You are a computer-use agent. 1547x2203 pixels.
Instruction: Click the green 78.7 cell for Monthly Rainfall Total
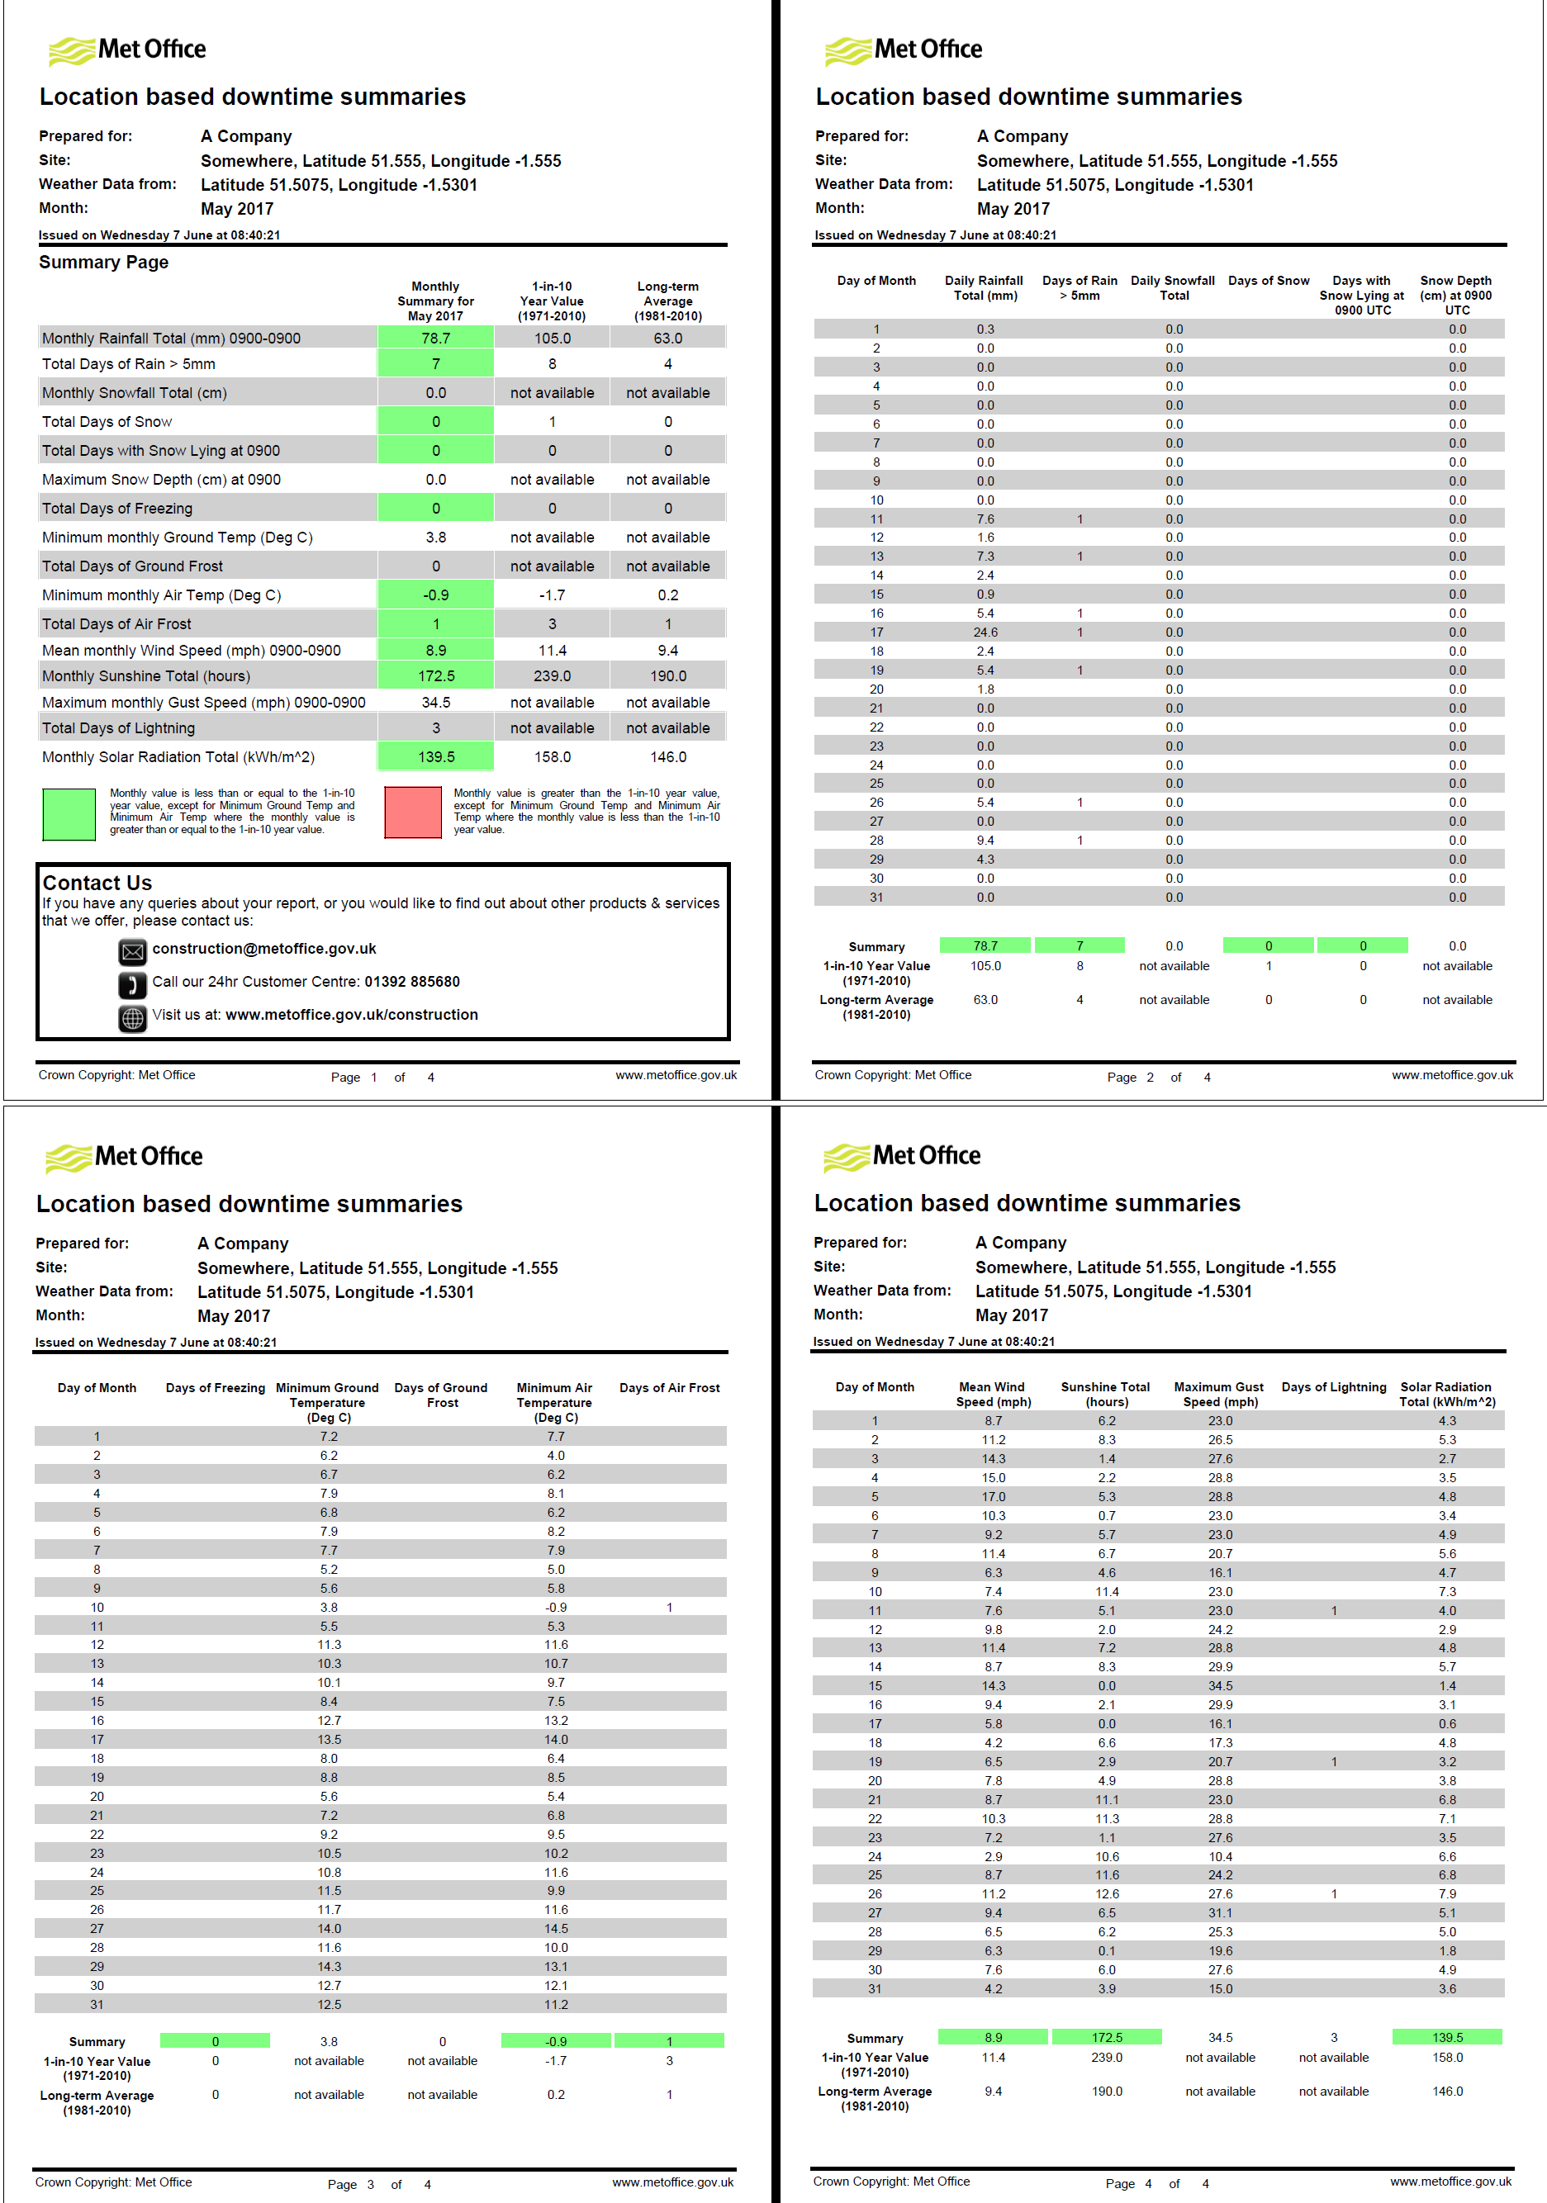(x=436, y=338)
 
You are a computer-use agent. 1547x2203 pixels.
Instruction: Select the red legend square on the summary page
(x=413, y=813)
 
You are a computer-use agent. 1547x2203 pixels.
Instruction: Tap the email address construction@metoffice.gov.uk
(x=264, y=948)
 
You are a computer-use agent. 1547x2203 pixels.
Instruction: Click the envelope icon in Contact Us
(x=132, y=952)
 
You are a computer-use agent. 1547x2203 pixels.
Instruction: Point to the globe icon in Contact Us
(x=132, y=1018)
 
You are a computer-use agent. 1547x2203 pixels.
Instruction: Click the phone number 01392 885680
(x=411, y=982)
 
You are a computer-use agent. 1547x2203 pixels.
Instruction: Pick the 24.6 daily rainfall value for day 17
(x=985, y=632)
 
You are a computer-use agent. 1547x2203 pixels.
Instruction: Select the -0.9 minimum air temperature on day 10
(x=556, y=1607)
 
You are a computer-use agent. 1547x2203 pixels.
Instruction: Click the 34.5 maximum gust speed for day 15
(x=1220, y=1686)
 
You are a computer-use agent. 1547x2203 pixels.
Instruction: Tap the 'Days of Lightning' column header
(x=1333, y=1387)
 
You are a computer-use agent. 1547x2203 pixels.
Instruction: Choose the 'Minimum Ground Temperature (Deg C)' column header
(x=327, y=1402)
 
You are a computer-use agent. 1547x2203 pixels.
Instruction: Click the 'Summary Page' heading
(x=103, y=262)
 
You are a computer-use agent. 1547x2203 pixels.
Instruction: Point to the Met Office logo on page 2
(x=903, y=50)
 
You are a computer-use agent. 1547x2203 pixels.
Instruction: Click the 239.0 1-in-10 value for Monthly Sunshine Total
(x=552, y=675)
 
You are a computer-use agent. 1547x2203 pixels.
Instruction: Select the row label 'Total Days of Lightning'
(x=118, y=728)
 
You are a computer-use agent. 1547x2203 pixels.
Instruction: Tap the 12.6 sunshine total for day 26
(x=1107, y=1894)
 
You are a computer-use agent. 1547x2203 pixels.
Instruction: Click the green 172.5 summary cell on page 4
(x=1107, y=2037)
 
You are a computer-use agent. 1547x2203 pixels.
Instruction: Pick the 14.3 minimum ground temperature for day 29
(x=330, y=1966)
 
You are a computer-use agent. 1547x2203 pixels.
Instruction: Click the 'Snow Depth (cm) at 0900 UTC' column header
(x=1456, y=296)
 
